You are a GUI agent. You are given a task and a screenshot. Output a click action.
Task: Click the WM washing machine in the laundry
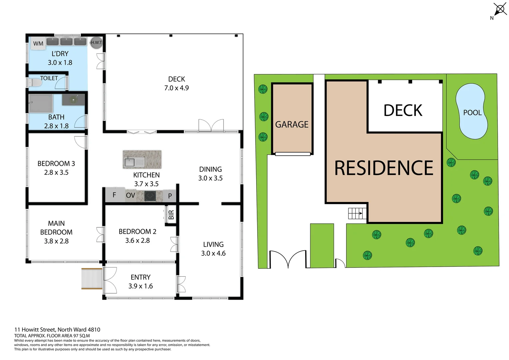[38, 44]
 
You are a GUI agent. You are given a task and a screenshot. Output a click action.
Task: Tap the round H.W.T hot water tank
[97, 42]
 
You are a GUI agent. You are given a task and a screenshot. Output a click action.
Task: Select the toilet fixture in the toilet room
[35, 82]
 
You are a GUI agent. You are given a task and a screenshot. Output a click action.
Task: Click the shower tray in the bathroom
[41, 103]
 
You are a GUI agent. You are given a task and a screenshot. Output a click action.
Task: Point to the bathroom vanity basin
[73, 99]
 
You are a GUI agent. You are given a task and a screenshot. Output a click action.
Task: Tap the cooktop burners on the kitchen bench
[150, 196]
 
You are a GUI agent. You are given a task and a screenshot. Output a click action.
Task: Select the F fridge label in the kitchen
[114, 195]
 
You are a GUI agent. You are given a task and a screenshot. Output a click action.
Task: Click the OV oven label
[131, 195]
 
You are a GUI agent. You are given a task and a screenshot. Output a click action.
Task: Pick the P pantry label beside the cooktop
[170, 196]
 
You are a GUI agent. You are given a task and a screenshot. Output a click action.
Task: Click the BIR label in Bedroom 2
[171, 215]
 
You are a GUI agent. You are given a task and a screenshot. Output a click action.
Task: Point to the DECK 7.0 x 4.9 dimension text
[177, 88]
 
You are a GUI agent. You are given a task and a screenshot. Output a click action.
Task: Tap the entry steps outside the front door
[92, 278]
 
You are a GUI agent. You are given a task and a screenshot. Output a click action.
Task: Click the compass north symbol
[499, 9]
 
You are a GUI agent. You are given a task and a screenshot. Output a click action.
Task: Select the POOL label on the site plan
[472, 113]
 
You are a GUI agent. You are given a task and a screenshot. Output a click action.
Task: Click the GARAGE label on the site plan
[292, 124]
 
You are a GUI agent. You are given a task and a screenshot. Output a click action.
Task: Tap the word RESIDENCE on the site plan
[384, 168]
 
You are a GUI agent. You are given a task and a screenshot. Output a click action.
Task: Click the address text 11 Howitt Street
[57, 330]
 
